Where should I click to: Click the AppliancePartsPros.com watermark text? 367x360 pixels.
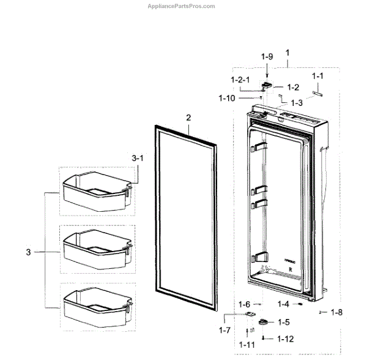coord(182,6)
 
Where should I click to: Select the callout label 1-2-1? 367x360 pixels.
coord(240,80)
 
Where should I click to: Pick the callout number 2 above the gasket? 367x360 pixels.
coord(189,118)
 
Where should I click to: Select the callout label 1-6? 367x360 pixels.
coord(244,304)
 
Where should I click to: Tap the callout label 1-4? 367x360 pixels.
coord(283,304)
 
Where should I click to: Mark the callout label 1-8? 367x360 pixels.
coord(336,313)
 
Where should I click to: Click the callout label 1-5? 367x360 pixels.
coord(283,322)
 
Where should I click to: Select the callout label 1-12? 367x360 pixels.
coord(285,339)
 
